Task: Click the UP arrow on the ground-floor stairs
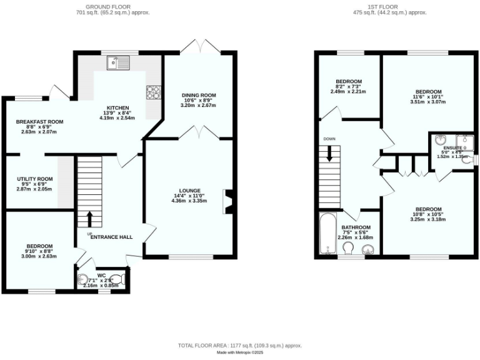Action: (x=89, y=219)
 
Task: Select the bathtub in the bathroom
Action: (x=328, y=236)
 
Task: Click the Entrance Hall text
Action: (x=111, y=237)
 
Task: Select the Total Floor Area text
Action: (x=240, y=345)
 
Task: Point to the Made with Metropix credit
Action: (x=240, y=352)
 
